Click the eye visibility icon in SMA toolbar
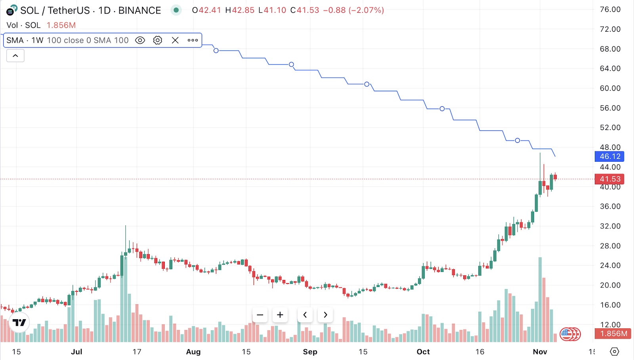140,40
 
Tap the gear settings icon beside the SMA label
158,40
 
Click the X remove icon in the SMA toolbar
175,40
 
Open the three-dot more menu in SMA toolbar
193,40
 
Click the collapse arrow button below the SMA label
15,56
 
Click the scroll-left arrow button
305,315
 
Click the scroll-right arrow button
325,315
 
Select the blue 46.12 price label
609,157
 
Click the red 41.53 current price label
609,179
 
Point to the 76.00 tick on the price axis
610,10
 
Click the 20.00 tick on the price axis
610,285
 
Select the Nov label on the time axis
540,352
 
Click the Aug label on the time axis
193,352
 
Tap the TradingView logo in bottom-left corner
19,323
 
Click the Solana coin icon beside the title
11,10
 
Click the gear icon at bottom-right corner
615,352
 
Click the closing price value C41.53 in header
305,10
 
